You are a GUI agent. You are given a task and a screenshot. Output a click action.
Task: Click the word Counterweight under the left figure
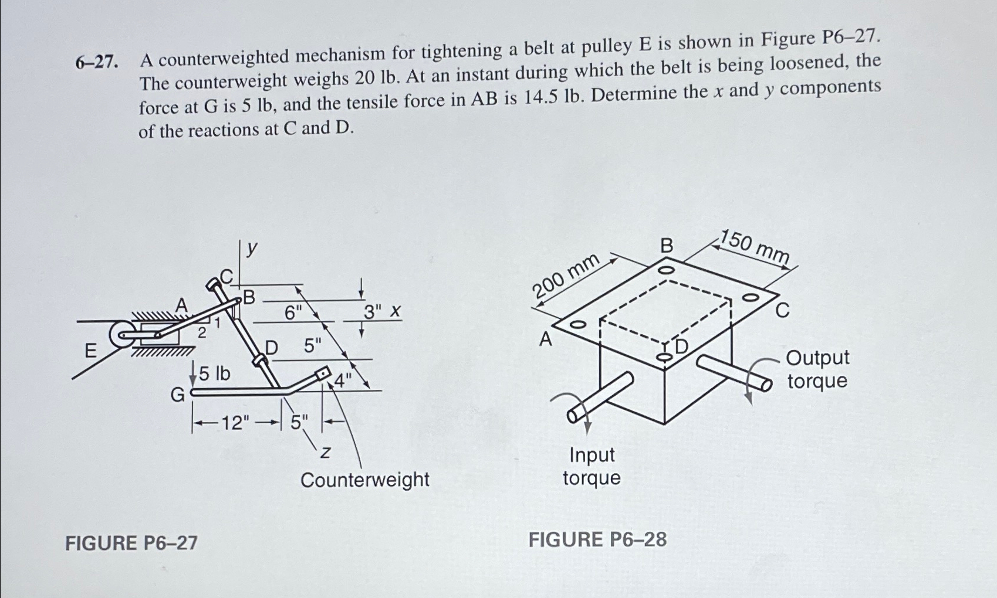coord(364,480)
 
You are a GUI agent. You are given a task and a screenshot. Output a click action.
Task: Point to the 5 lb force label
coord(215,373)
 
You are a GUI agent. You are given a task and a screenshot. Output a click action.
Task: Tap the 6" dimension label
coord(292,313)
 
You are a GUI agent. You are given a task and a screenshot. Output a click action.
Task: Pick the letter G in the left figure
coord(177,395)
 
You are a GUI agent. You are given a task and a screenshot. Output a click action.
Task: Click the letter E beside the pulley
coord(90,351)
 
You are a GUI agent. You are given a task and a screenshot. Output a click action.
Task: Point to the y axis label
coord(251,249)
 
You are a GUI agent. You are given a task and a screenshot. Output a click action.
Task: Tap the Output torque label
coord(817,369)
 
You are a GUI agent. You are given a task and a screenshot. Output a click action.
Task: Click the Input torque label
coord(592,466)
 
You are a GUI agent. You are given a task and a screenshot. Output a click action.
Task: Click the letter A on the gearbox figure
coord(546,339)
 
